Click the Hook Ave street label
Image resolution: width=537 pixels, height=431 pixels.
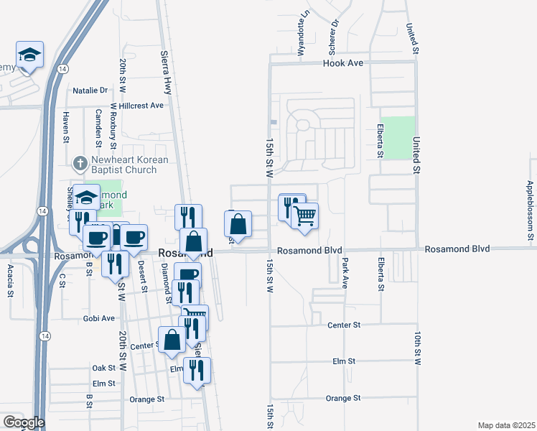click(x=344, y=63)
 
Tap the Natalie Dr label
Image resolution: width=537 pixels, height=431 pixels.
click(x=90, y=91)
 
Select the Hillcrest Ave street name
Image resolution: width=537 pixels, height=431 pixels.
click(x=141, y=105)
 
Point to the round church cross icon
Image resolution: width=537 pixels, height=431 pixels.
click(x=82, y=161)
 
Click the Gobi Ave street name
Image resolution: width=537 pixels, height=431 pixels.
click(x=98, y=318)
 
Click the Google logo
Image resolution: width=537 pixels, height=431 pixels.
click(x=23, y=422)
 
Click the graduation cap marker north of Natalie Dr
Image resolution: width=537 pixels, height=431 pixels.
click(x=30, y=55)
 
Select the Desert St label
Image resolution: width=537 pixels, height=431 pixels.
click(x=141, y=271)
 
